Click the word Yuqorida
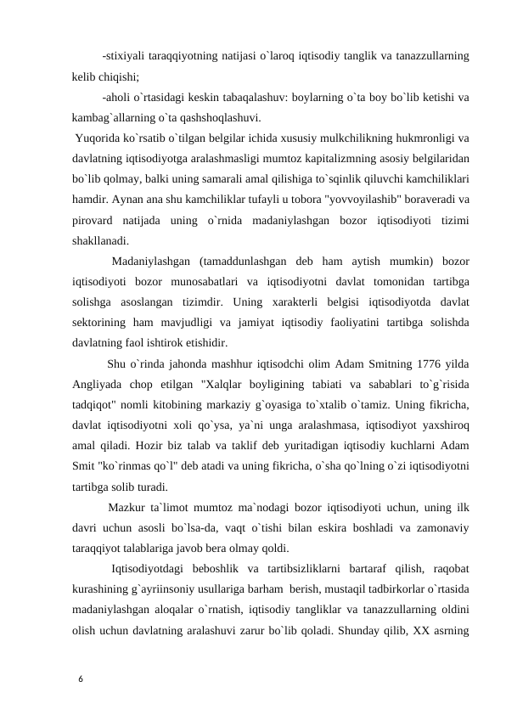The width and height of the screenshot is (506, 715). pos(99,138)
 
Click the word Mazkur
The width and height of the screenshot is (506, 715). pos(127,507)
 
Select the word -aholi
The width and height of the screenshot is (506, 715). pos(118,98)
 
